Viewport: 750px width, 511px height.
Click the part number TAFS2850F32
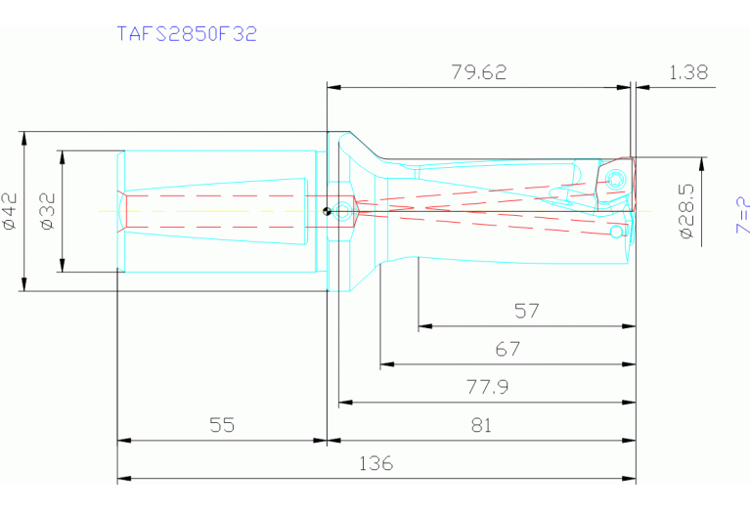(187, 34)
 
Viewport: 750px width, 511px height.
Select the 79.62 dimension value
(479, 72)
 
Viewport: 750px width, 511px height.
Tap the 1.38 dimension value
(689, 72)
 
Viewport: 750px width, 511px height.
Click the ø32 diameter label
(49, 211)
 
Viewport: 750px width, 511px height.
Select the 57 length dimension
(527, 312)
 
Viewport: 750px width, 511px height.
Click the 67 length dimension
(507, 349)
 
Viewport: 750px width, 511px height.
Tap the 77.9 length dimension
(487, 387)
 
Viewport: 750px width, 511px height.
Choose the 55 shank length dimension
(222, 425)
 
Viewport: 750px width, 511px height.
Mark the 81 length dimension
(480, 425)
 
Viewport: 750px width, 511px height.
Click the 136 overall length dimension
(375, 463)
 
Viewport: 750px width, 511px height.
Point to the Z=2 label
(741, 215)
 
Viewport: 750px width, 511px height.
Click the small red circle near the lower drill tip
(615, 234)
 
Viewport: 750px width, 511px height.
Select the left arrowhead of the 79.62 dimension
(331, 87)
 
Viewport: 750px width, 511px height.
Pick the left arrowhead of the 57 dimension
(422, 327)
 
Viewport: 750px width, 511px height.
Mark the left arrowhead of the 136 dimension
(122, 479)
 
